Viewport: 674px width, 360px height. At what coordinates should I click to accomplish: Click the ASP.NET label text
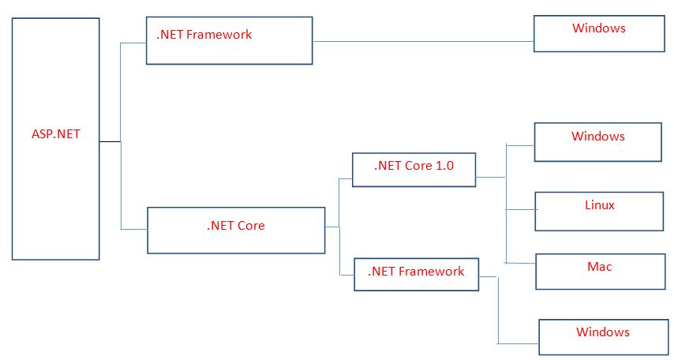51,134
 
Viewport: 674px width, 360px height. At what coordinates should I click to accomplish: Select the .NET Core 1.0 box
414,170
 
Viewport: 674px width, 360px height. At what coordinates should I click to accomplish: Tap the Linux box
598,210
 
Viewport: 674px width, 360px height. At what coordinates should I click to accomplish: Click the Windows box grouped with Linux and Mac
597,142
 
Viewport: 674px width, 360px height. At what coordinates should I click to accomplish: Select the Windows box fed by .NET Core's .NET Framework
602,337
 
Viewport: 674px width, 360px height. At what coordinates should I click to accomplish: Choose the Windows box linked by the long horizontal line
599,34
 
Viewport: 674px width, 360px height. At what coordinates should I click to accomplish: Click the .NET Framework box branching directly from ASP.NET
229,41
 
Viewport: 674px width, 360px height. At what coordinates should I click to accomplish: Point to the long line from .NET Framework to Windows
422,41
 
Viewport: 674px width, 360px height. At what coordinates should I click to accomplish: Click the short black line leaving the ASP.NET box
110,142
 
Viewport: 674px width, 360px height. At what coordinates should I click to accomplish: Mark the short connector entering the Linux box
520,210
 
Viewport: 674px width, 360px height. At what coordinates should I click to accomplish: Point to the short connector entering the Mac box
521,264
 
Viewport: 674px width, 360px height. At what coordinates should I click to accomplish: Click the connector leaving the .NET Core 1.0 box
490,177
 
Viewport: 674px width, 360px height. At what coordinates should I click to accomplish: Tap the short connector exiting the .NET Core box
331,227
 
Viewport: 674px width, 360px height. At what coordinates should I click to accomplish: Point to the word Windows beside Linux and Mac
597,137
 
